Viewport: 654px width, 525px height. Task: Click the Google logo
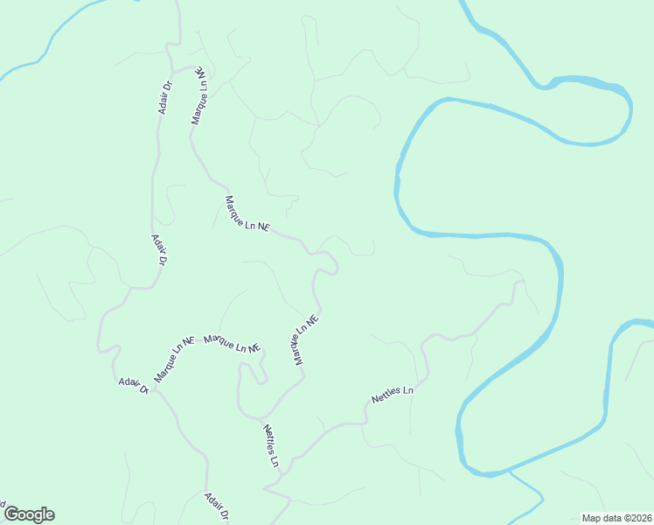point(29,514)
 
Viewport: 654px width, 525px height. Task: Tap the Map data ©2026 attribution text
point(616,518)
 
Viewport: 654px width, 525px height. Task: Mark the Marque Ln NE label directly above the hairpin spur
point(233,343)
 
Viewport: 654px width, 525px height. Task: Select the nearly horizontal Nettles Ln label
point(392,394)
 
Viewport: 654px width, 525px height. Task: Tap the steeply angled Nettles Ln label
point(271,444)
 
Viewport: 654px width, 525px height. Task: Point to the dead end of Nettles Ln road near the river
point(523,282)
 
